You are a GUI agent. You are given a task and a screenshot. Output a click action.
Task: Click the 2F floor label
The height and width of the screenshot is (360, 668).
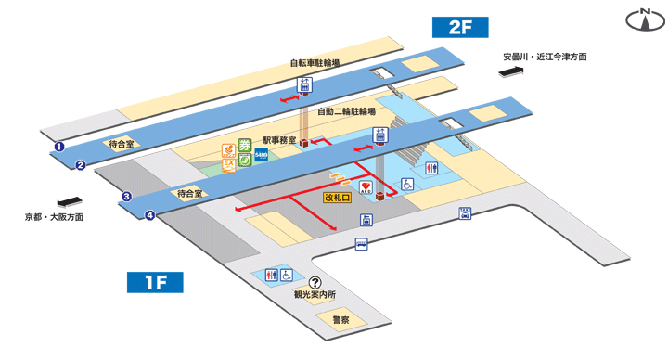[461, 27]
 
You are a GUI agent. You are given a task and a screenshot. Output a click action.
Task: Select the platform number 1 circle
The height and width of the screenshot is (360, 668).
[58, 146]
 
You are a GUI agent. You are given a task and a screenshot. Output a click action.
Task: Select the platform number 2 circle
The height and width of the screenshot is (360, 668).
[81, 166]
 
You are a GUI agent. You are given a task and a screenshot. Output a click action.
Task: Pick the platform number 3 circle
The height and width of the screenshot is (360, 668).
[126, 196]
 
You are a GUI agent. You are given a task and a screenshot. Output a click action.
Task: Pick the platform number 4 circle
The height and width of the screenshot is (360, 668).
[149, 216]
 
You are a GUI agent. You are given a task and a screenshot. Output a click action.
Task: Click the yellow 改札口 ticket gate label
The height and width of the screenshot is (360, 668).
[337, 198]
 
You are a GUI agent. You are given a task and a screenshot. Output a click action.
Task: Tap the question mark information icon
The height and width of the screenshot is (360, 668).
[315, 283]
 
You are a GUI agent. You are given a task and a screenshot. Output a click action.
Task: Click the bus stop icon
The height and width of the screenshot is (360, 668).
[361, 243]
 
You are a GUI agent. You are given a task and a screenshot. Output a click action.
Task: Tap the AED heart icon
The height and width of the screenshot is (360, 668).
[368, 188]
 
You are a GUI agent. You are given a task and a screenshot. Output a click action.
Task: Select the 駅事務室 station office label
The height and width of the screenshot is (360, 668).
[279, 141]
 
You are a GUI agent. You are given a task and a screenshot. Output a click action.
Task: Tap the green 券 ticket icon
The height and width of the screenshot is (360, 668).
[245, 144]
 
